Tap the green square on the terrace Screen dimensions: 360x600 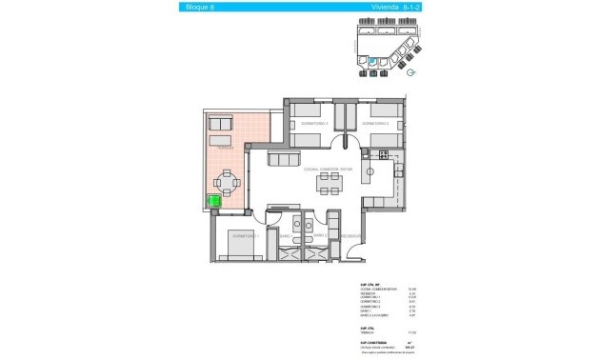pos(214,202)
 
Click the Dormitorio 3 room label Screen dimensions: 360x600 pos(313,124)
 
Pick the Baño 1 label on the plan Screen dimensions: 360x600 pos(285,234)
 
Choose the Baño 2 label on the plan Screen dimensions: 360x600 pos(320,234)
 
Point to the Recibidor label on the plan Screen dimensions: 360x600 pos(349,234)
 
